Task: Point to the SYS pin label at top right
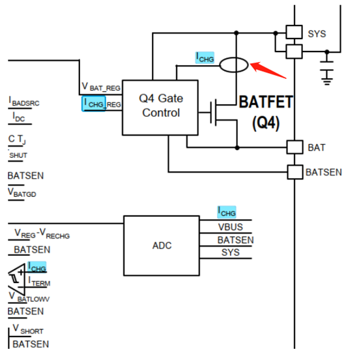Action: click(x=317, y=34)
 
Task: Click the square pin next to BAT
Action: click(x=295, y=147)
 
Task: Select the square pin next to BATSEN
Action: click(x=295, y=172)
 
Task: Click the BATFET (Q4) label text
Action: click(x=266, y=112)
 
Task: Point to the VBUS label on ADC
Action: click(x=230, y=227)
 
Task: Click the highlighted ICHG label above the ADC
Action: click(x=227, y=212)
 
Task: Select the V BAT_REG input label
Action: click(x=101, y=87)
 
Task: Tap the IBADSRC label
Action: click(x=23, y=102)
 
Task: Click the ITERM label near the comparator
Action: click(x=38, y=282)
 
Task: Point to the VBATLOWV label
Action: click(x=29, y=297)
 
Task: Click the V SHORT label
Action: click(x=28, y=329)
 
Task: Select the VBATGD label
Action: click(x=22, y=192)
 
